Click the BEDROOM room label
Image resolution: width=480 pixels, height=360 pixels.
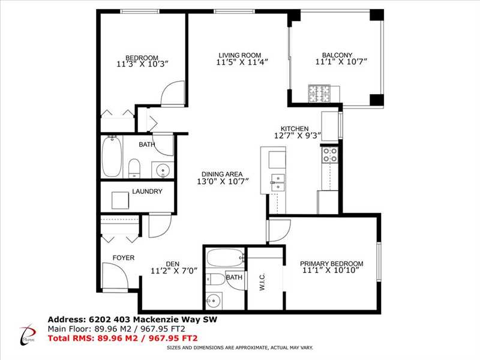point(142,58)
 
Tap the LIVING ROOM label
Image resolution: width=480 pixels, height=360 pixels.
point(239,55)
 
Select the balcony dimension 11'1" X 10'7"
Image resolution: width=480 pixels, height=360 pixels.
point(341,62)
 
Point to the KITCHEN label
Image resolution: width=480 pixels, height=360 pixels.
point(295,128)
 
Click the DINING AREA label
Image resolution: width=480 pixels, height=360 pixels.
point(222,174)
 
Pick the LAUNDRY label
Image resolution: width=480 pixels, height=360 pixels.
point(147,191)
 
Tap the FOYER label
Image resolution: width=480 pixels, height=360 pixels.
point(124,258)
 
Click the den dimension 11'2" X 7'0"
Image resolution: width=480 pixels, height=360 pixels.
point(174,271)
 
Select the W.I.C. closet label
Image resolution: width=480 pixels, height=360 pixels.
point(262,282)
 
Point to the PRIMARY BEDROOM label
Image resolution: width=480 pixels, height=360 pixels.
point(332,263)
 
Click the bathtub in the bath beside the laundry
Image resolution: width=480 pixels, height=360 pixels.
point(112,157)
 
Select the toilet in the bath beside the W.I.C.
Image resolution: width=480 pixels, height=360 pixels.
point(215,279)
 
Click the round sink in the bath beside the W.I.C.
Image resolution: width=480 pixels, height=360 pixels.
point(214,301)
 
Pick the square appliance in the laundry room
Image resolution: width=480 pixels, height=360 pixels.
point(121,200)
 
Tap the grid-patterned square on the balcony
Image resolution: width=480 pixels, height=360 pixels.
point(320,94)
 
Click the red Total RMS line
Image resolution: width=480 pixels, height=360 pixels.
point(123,338)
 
